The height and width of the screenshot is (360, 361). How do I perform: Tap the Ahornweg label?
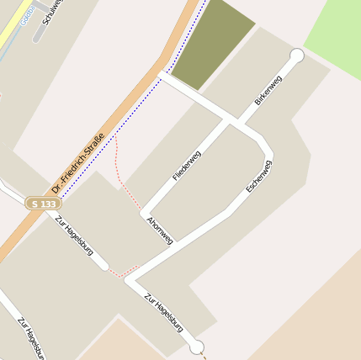[x=159, y=230]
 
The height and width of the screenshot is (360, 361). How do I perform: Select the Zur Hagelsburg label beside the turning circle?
[x=163, y=312]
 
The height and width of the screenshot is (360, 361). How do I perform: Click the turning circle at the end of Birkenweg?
[x=296, y=56]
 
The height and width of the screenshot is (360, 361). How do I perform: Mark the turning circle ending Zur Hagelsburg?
[x=196, y=347]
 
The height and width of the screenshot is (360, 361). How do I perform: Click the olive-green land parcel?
[x=214, y=42]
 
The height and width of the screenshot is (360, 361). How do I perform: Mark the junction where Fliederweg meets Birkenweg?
[x=230, y=121]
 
